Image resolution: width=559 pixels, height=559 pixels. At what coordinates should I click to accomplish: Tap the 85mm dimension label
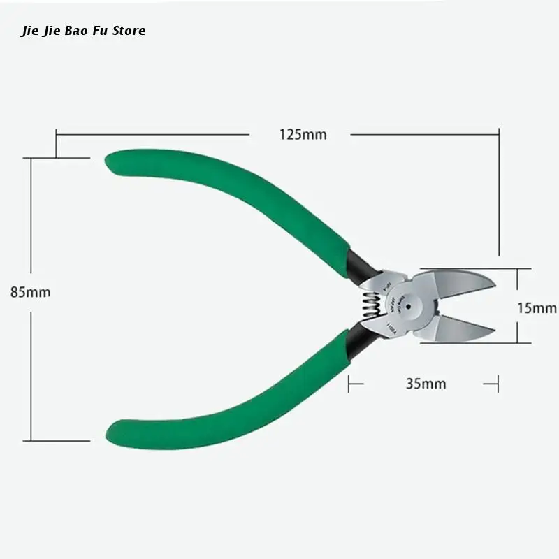click(x=31, y=292)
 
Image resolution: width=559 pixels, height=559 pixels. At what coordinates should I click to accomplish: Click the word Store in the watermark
click(x=129, y=31)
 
